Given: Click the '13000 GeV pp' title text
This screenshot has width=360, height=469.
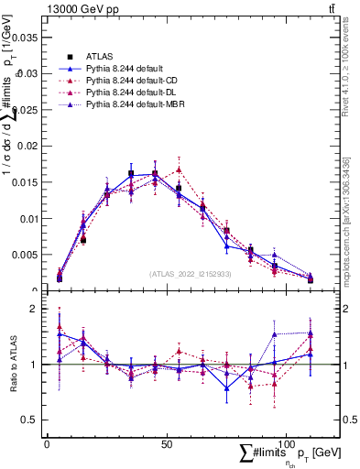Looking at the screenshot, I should (x=76, y=8).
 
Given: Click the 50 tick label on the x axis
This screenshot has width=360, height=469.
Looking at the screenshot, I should (x=166, y=443).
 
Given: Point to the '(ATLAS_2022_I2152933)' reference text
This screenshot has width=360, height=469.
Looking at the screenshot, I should (x=191, y=274).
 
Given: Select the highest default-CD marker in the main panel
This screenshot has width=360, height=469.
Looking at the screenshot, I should (x=180, y=169).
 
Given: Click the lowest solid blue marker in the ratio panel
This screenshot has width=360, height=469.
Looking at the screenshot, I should (x=227, y=388).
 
